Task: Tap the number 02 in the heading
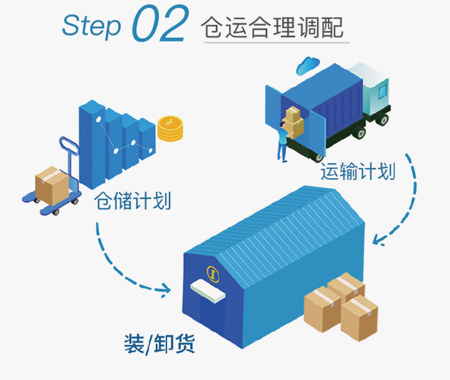(x=160, y=24)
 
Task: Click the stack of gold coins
(x=171, y=127)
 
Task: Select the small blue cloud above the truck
(x=308, y=65)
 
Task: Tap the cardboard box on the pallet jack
(x=52, y=183)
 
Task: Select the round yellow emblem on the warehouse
(x=213, y=272)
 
